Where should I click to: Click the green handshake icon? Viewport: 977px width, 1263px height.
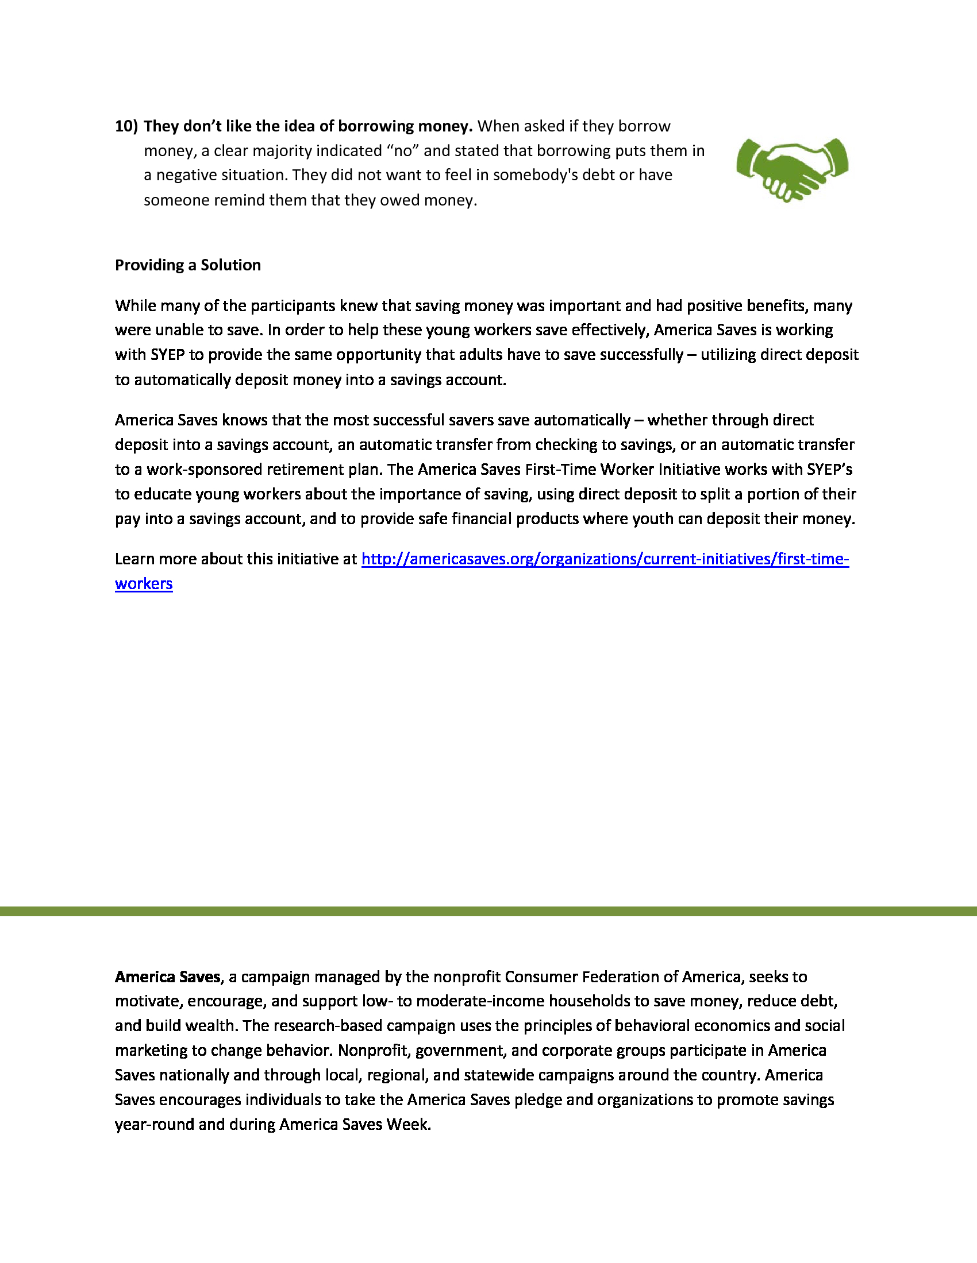[792, 169]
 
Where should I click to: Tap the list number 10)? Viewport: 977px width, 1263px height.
[126, 126]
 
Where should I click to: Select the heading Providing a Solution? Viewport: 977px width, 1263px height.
[187, 265]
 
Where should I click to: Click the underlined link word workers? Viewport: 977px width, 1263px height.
[144, 583]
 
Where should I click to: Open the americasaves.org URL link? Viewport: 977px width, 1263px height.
[605, 559]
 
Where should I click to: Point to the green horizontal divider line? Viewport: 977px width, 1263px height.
[488, 912]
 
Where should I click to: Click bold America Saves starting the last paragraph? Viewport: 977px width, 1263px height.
[168, 977]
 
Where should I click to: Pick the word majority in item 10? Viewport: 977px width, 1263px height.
[280, 151]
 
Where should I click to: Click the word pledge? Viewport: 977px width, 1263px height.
[538, 1099]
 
